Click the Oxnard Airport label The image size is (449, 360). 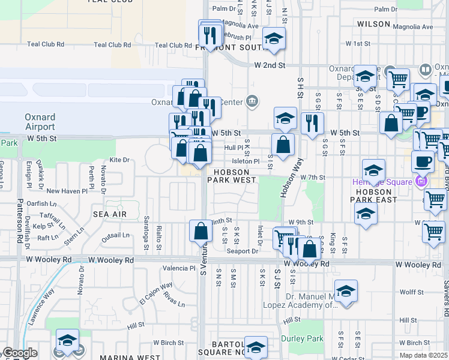(40, 121)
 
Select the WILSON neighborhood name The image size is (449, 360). (373, 23)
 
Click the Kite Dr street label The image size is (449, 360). (119, 160)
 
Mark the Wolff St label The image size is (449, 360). (412, 292)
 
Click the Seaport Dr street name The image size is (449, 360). (242, 251)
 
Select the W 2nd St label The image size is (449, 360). (268, 65)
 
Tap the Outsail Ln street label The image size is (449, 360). (115, 236)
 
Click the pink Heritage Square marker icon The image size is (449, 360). (421, 181)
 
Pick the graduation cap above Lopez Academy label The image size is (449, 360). (346, 292)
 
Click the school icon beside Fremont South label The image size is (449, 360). (274, 40)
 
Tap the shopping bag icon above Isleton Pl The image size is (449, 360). (283, 145)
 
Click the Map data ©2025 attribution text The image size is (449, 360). (424, 355)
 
